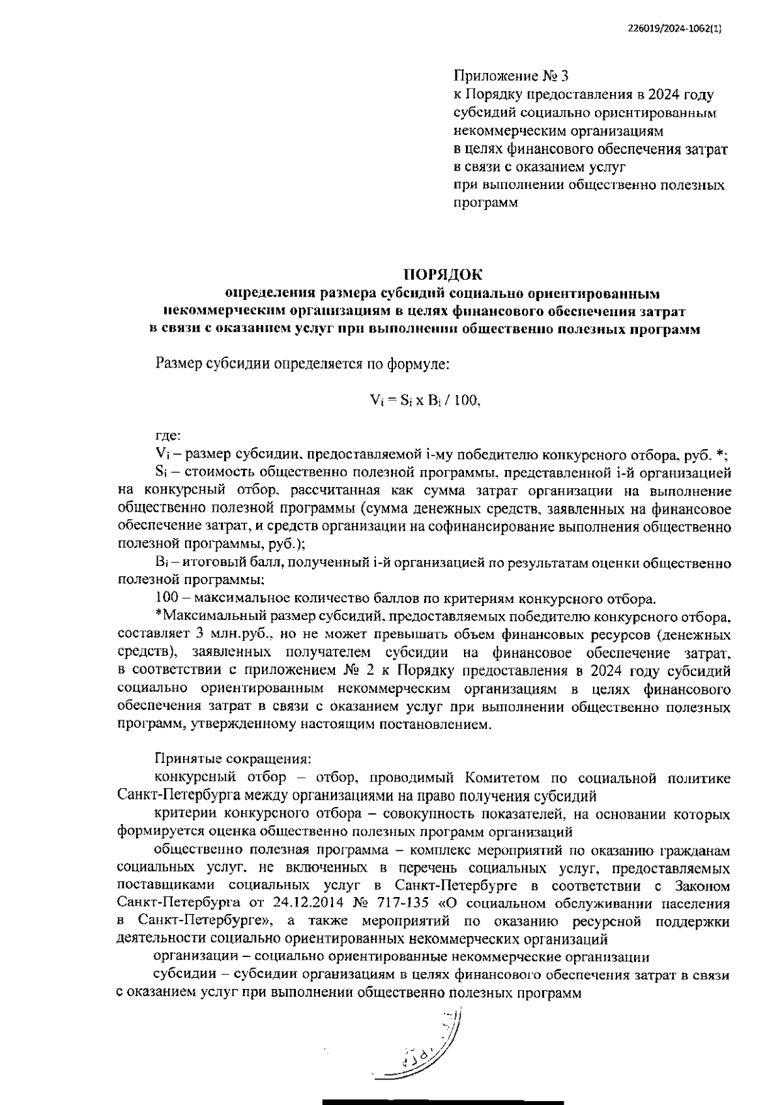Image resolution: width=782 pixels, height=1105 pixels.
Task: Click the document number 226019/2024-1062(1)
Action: click(x=676, y=28)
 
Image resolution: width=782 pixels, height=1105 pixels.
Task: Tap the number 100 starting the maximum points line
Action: click(x=167, y=597)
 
